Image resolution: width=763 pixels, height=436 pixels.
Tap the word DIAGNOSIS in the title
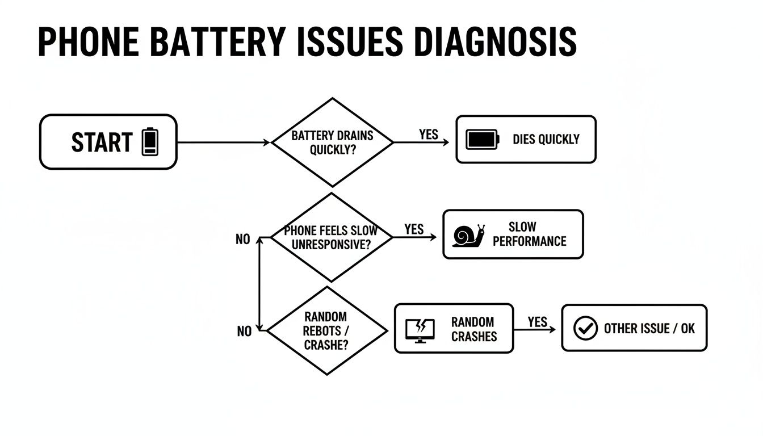click(496, 41)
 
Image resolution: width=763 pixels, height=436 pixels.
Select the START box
click(108, 142)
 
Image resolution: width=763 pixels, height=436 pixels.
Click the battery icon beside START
click(150, 142)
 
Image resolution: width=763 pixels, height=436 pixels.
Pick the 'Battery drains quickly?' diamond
click(332, 142)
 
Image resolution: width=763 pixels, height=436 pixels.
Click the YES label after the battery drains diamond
click(429, 134)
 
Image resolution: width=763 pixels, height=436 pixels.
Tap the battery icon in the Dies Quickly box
click(482, 140)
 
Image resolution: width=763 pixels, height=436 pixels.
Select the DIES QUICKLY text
click(546, 140)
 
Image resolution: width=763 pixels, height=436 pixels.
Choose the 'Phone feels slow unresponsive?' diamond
click(331, 238)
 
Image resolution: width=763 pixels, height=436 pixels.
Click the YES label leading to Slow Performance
click(414, 229)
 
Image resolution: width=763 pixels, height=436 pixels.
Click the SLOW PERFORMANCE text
click(529, 234)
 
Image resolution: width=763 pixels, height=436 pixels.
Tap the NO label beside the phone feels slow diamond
click(242, 240)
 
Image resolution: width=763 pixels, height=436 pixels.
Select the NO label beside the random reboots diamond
click(244, 332)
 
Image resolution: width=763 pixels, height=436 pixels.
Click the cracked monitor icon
click(420, 329)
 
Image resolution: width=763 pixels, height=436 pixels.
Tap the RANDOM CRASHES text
click(473, 329)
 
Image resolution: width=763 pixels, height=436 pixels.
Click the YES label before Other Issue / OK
click(537, 322)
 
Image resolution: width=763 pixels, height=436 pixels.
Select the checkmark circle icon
click(585, 328)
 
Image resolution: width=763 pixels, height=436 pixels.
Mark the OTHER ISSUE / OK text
click(649, 329)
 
